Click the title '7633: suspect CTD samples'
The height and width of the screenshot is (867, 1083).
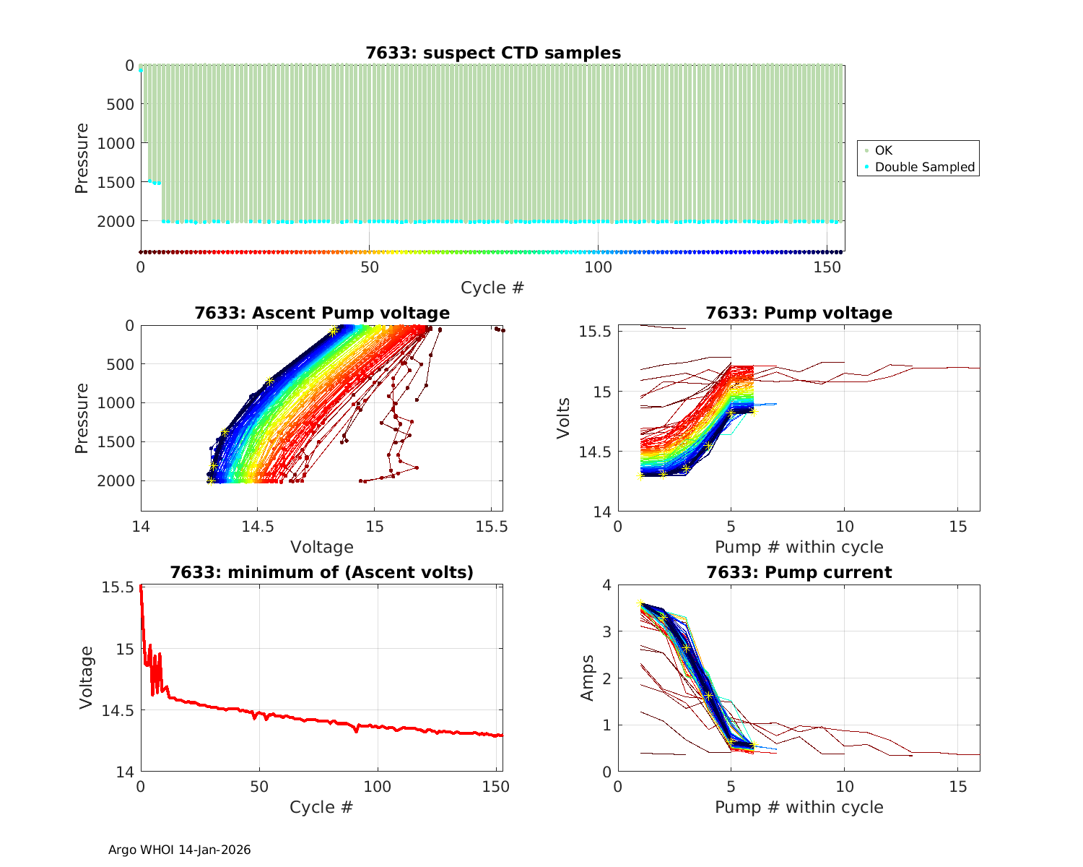coord(493,53)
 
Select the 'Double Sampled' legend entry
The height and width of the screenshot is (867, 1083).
coord(924,167)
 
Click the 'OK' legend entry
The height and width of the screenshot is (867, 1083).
coord(883,150)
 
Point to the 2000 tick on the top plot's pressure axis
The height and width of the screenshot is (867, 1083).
coord(116,221)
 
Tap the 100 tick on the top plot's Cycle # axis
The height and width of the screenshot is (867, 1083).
coord(598,267)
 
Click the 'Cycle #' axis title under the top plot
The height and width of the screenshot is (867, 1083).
coord(492,288)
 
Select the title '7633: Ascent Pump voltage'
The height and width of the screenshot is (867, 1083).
coord(322,313)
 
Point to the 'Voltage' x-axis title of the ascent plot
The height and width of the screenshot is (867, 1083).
coord(321,547)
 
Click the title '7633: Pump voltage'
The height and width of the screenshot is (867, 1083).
coord(799,313)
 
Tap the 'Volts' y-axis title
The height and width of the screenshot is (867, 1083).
coord(563,418)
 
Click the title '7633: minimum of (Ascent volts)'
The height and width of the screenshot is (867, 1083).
coord(322,572)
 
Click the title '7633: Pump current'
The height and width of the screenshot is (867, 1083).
coord(799,572)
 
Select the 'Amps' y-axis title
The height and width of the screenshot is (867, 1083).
coord(587,678)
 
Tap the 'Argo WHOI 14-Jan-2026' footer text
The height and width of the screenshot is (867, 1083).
coord(179,850)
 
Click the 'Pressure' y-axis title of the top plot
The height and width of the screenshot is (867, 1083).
coord(82,158)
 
